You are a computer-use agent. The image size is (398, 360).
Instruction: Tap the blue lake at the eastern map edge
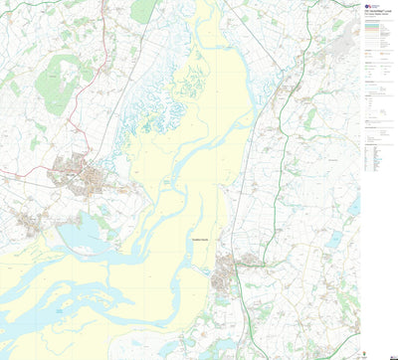(x=353, y=205)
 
